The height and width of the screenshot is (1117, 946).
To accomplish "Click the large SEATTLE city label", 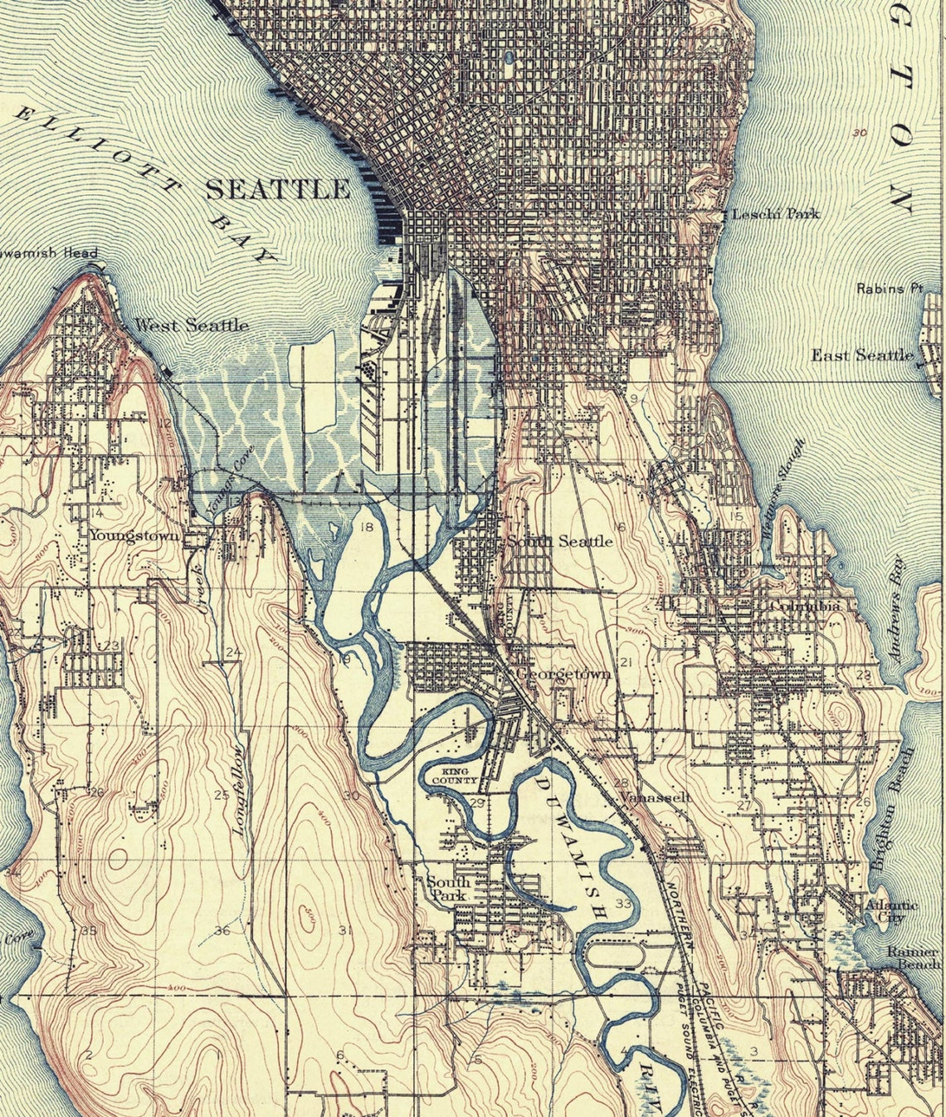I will click(x=277, y=189).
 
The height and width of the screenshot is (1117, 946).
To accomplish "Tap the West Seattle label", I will click(x=192, y=325).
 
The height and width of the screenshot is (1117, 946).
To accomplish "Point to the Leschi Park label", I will click(x=775, y=214).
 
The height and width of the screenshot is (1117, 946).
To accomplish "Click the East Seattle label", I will click(x=861, y=355).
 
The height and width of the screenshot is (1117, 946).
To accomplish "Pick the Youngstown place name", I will click(x=134, y=536).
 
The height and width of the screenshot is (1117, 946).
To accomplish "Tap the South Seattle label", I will click(x=560, y=541).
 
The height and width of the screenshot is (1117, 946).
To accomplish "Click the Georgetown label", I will click(x=563, y=674).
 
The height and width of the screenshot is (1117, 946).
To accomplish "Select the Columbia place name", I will click(x=805, y=607).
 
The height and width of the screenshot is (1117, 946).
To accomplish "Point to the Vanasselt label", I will click(x=656, y=797).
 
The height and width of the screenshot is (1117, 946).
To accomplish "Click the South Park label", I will click(x=448, y=889).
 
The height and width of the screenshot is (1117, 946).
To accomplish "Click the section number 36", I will click(x=222, y=930).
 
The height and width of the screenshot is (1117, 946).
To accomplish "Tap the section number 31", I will click(x=345, y=930).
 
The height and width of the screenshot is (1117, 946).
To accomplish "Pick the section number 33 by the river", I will click(x=624, y=903).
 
